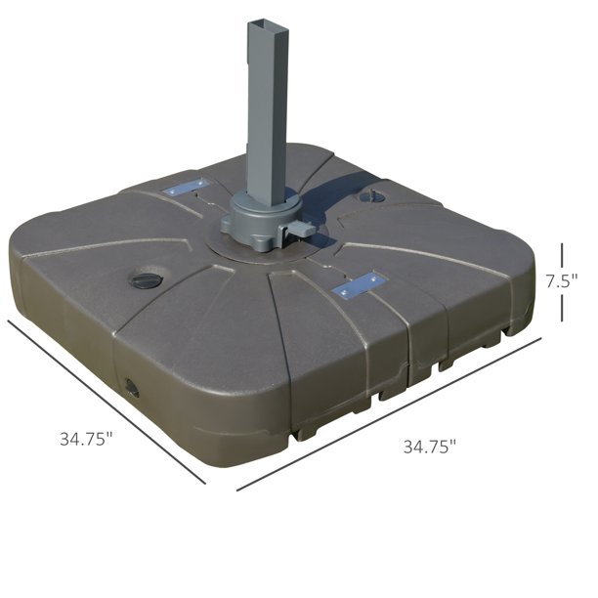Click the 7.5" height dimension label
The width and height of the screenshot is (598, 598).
562,281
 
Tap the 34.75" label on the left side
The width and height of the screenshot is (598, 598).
87,439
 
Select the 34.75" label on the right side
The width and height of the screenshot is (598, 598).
430,447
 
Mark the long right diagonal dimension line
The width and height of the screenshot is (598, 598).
389,413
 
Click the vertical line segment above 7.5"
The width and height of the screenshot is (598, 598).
562,255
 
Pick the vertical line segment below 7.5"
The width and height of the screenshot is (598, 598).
562,308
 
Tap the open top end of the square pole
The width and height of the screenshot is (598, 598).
268,26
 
